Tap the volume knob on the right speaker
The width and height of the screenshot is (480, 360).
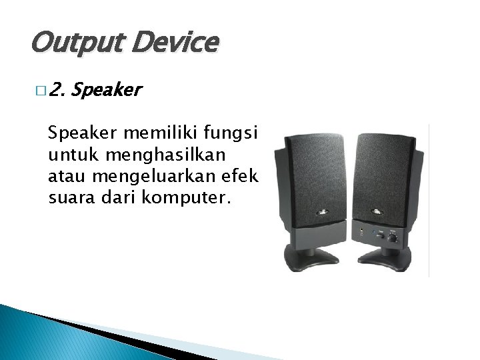pyautogui.click(x=393, y=237)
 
